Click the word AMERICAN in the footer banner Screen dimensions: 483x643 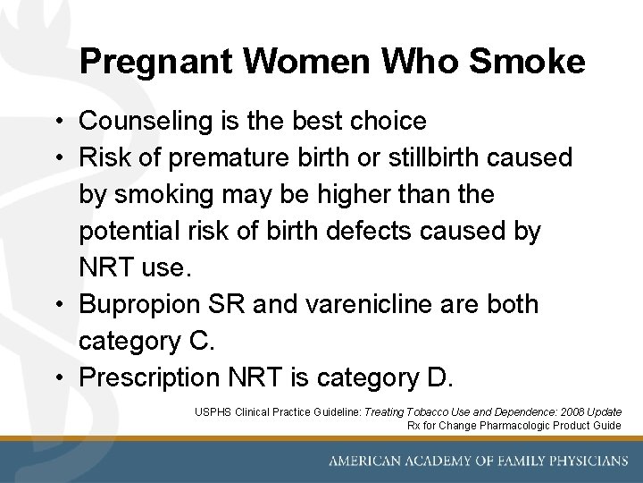[x=363, y=462]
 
